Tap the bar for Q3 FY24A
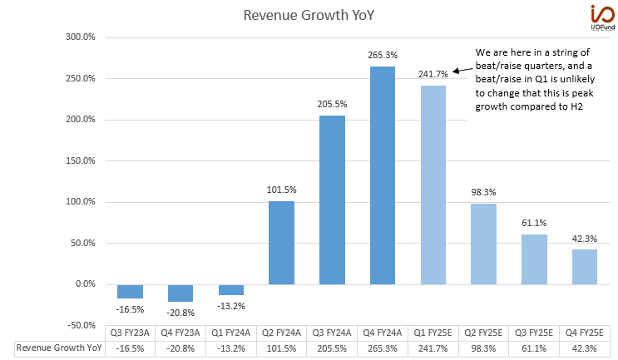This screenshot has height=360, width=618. coord(332,200)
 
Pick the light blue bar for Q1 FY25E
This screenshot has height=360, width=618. coord(433,185)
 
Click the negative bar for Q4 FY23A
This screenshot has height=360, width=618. coord(180,293)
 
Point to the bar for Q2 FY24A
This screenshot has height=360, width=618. coord(281,242)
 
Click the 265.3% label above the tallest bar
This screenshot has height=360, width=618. coord(382,55)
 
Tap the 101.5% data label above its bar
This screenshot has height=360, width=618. coord(281,190)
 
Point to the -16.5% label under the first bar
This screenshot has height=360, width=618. coord(130,308)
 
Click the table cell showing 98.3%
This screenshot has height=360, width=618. coord(483,348)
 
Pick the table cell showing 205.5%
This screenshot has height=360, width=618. coord(332,348)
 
